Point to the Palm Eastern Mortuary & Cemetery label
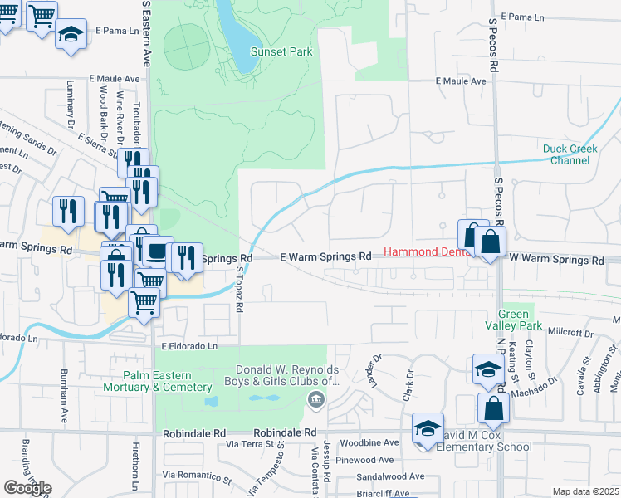pyautogui.click(x=158, y=380)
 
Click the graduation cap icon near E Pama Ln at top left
pyautogui.click(x=71, y=35)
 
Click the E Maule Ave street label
pyautogui.click(x=461, y=81)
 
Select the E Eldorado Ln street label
pyautogui.click(x=188, y=345)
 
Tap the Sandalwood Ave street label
pyautogui.click(x=390, y=477)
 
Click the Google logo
pyautogui.click(x=27, y=488)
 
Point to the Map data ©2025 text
pyautogui.click(x=585, y=491)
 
